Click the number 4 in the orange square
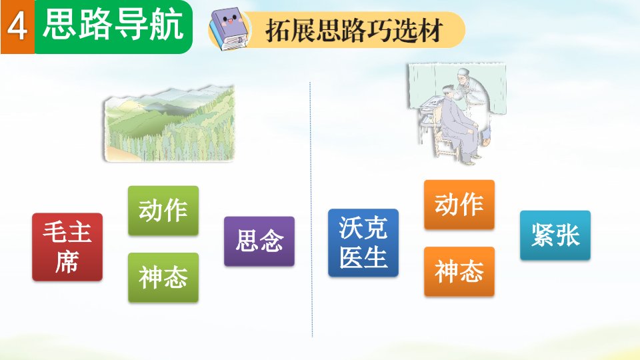(x=17, y=27)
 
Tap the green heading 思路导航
(x=113, y=25)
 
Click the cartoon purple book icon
(x=229, y=31)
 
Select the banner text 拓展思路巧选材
(x=354, y=30)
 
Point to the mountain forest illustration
(x=169, y=124)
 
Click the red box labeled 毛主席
(x=67, y=247)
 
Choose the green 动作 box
(x=163, y=211)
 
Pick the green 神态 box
(x=163, y=277)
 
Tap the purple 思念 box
(x=259, y=241)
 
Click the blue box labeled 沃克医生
(x=363, y=243)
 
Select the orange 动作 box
(x=459, y=205)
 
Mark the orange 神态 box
(x=459, y=271)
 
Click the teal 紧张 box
(x=555, y=235)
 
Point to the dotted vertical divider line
(x=311, y=209)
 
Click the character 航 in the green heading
(x=166, y=25)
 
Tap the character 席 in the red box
(x=67, y=261)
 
